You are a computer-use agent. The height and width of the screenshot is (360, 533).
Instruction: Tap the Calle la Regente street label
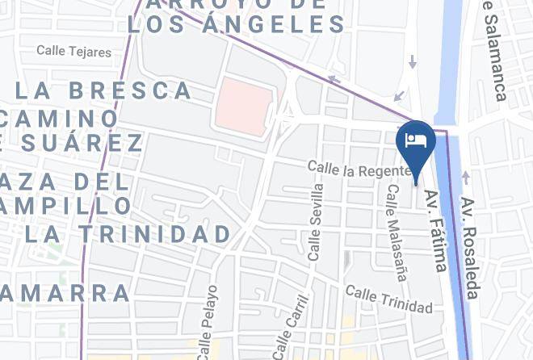[352, 169]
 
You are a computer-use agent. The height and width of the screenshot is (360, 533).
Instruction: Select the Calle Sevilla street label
[316, 221]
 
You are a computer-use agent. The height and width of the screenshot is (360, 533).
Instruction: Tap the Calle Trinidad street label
[388, 299]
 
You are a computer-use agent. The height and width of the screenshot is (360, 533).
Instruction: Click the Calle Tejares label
[73, 52]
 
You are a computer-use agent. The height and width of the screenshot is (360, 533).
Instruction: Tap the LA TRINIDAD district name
[127, 235]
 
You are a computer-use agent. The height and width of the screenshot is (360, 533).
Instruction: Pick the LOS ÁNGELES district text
[237, 25]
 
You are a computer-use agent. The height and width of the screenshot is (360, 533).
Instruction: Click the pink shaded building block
[243, 106]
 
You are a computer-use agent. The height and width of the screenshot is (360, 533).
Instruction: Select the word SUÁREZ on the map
[77, 144]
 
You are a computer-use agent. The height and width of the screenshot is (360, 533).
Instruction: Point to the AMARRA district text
[66, 292]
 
